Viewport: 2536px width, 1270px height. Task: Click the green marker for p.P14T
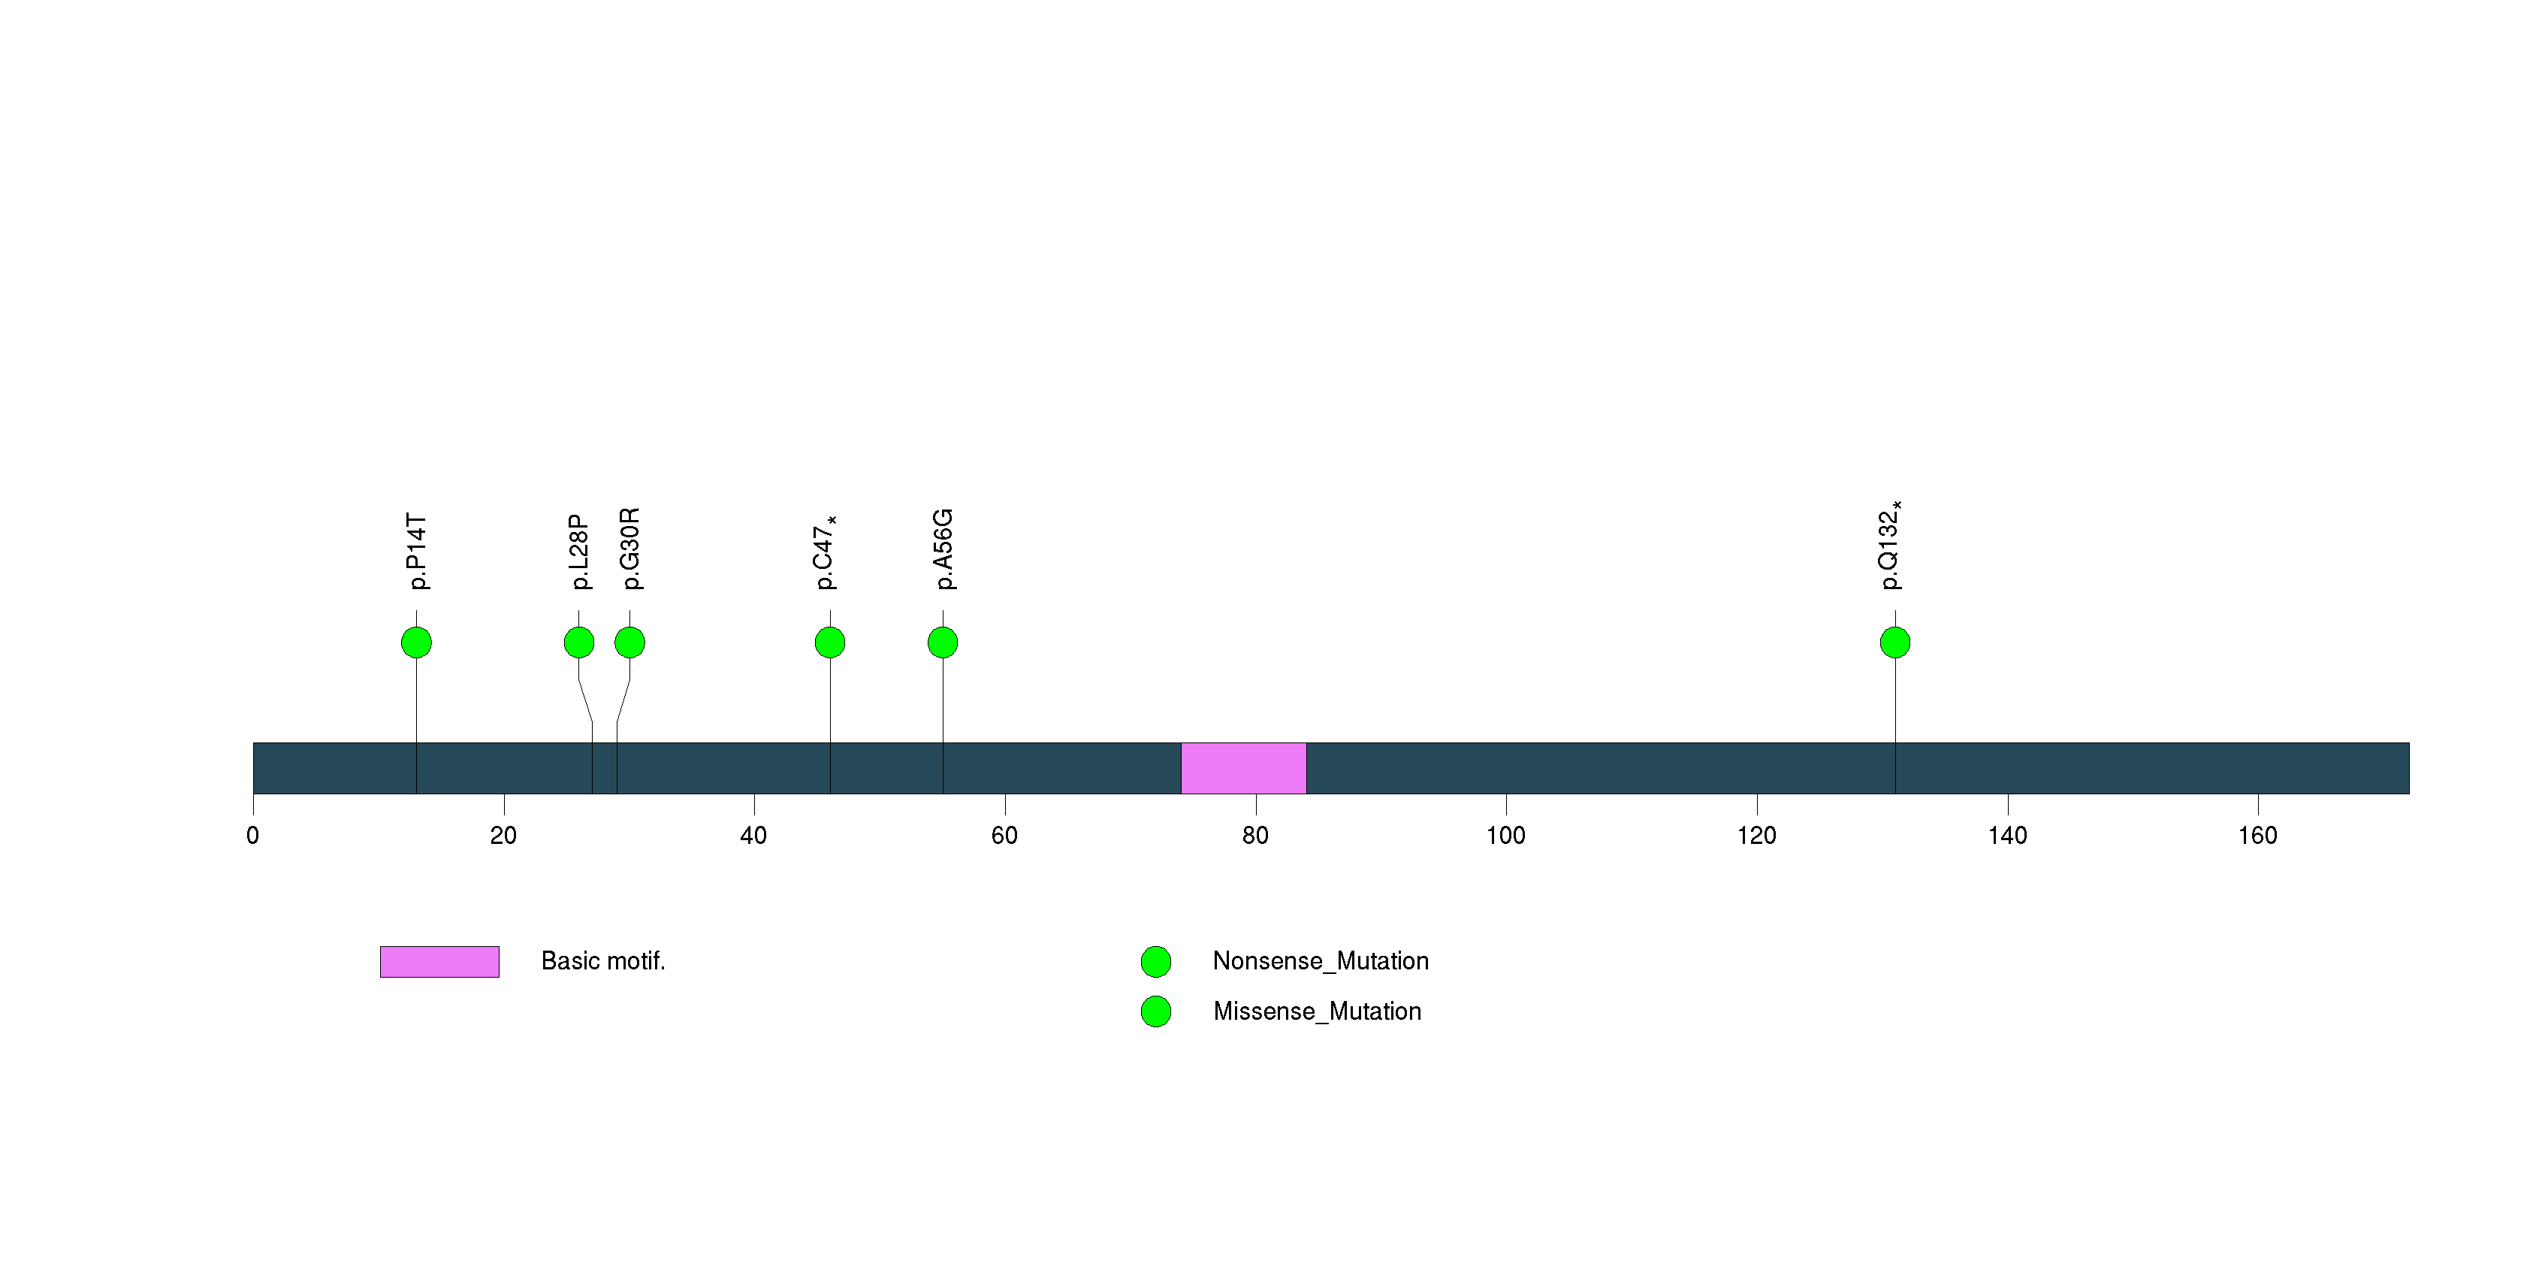[x=416, y=643]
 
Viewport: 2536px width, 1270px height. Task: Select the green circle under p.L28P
[x=579, y=643]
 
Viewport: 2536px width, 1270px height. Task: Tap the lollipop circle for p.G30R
[x=630, y=643]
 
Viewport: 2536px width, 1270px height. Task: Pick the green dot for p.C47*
[x=830, y=643]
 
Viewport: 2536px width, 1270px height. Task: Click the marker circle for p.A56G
[x=943, y=643]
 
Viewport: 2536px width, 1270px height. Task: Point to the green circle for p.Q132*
[x=1895, y=643]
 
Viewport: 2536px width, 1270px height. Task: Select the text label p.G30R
[x=630, y=549]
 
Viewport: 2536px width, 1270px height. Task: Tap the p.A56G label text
[x=943, y=549]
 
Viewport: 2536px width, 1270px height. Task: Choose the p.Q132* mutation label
[x=1889, y=546]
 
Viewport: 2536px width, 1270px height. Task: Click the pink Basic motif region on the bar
[x=1243, y=768]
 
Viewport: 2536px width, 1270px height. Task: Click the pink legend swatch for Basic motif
[x=439, y=962]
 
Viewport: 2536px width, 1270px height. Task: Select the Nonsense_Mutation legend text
[x=1320, y=961]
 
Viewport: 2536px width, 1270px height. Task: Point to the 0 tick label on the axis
[x=253, y=836]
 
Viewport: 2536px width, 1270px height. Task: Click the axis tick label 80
[x=1255, y=836]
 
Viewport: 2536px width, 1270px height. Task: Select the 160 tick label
[x=2257, y=836]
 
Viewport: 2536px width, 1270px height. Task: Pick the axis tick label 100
[x=1505, y=836]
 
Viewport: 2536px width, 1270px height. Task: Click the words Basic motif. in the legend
[x=603, y=961]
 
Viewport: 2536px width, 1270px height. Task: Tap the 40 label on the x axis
[x=753, y=836]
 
